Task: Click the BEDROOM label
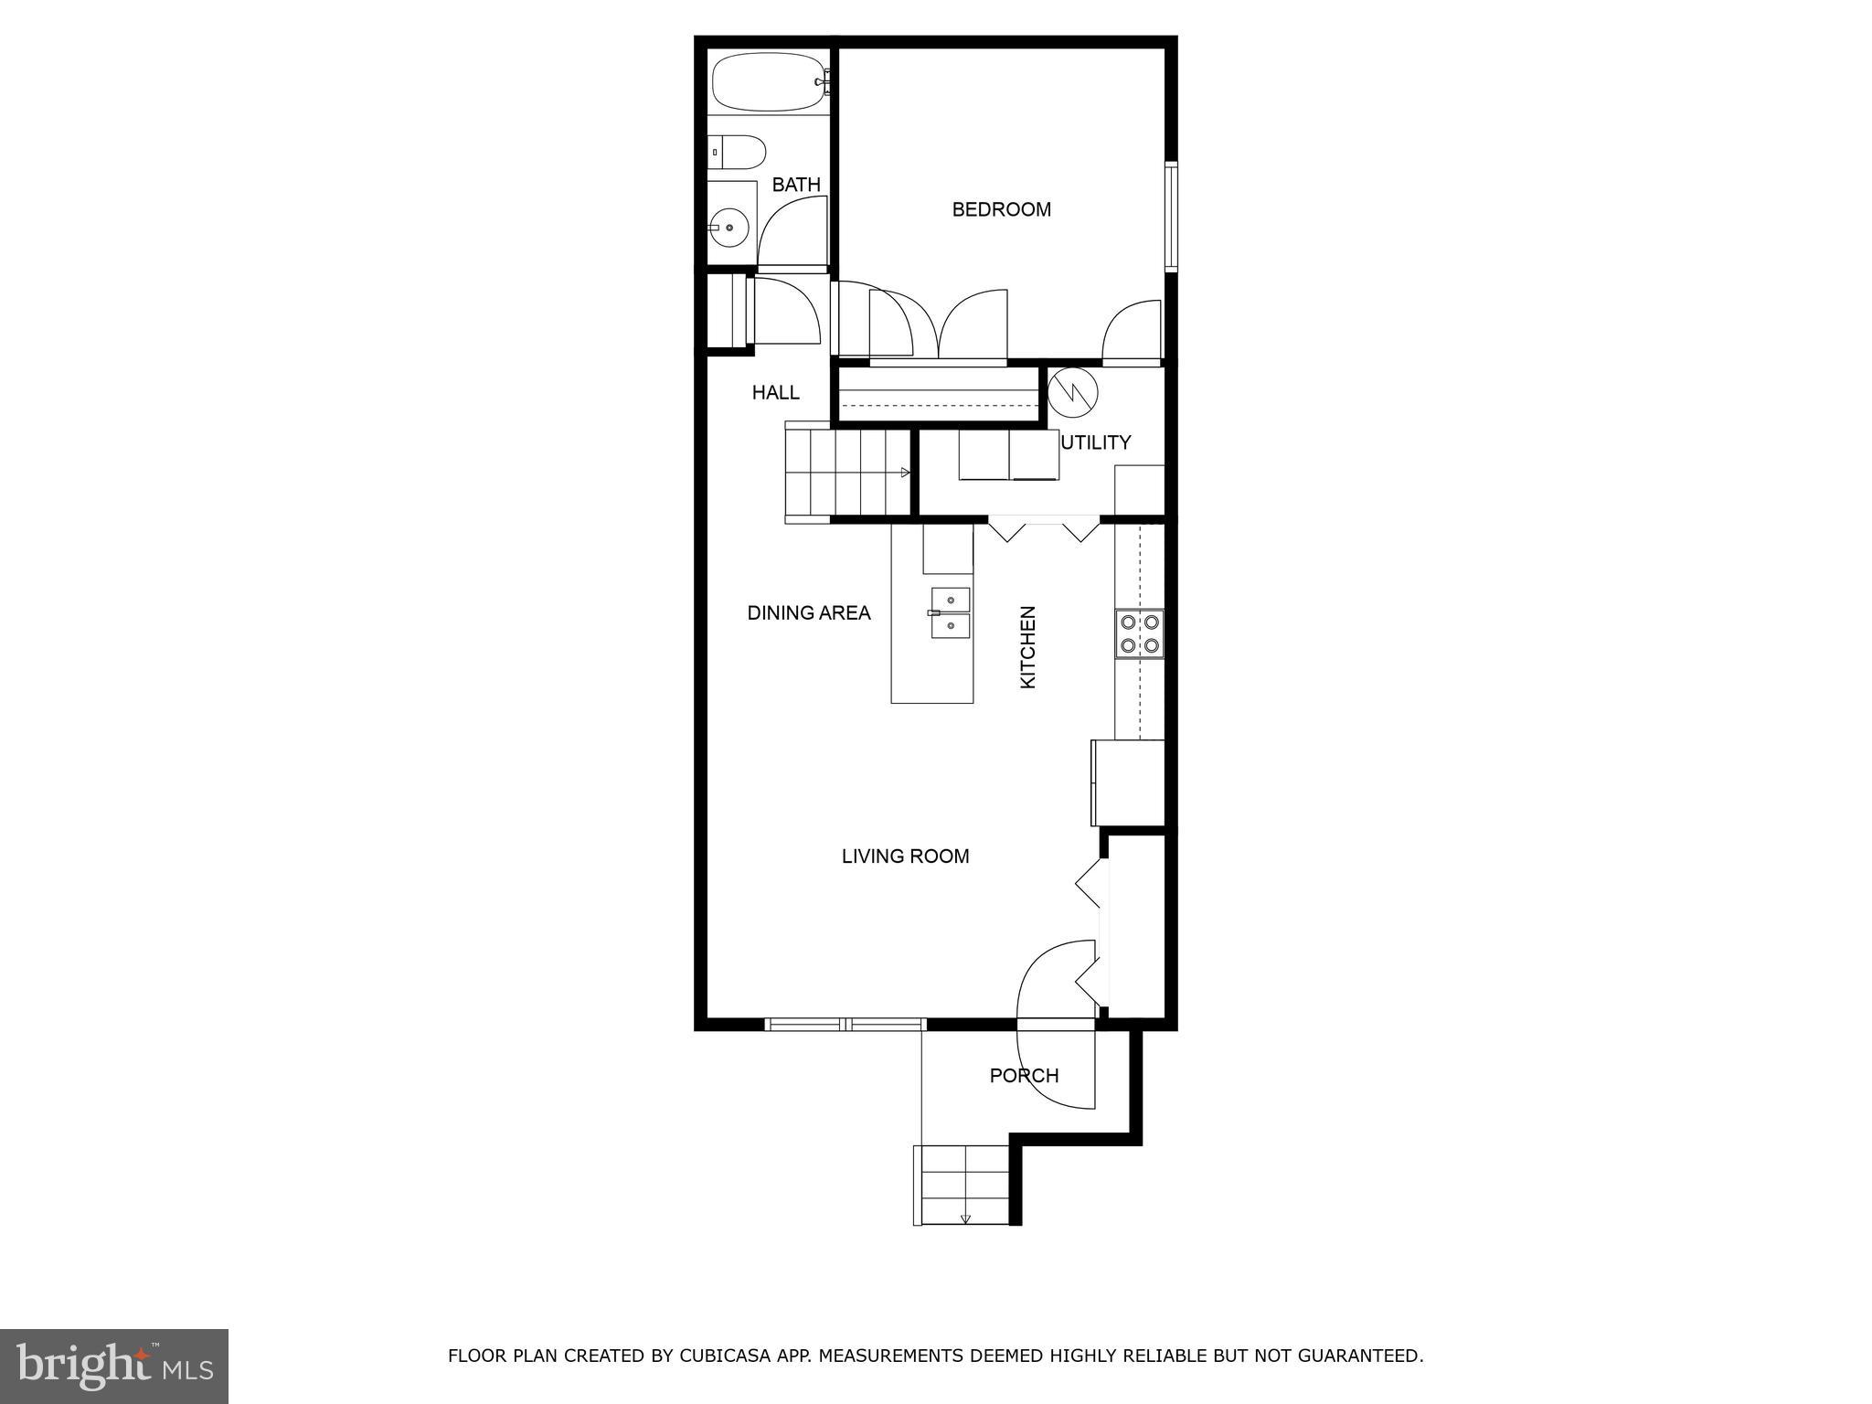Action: [1001, 209]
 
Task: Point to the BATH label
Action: [796, 185]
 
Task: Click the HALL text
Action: [775, 392]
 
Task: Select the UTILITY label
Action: [1097, 442]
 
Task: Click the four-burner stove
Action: [1139, 633]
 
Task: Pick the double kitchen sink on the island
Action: [951, 612]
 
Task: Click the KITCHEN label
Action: [1027, 647]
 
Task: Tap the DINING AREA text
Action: [809, 613]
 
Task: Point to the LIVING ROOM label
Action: [905, 856]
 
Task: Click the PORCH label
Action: [1024, 1076]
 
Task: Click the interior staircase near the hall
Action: [846, 473]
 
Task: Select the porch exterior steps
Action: [963, 1184]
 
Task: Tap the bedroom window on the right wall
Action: [1170, 217]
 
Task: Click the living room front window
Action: [845, 1025]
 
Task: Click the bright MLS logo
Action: [113, 1366]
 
